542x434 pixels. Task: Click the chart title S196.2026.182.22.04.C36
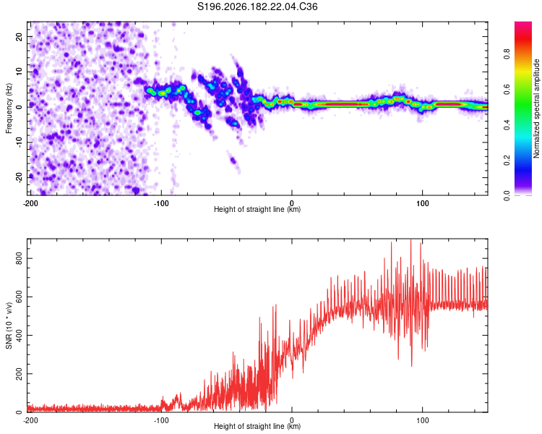pos(257,7)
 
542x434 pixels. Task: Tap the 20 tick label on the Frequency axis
pos(20,36)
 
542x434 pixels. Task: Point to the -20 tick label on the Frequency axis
pos(20,177)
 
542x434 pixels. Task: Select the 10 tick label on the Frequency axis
pos(20,72)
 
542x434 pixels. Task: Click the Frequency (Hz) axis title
pos(9,109)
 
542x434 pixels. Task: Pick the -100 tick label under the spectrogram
pos(161,203)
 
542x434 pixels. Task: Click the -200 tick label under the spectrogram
pos(30,203)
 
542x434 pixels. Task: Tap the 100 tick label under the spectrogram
pos(423,203)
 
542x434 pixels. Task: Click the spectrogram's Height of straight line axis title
pos(257,209)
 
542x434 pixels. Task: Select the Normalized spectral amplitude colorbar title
pos(536,109)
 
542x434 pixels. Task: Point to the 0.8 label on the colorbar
pos(507,54)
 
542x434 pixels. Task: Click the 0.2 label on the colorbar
pos(507,161)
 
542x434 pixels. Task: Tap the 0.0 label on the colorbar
pos(507,196)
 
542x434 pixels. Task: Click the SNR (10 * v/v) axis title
pos(9,325)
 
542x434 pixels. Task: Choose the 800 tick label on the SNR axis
pos(20,258)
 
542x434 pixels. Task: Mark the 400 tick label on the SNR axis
pos(20,336)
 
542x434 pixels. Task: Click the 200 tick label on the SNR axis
pos(20,374)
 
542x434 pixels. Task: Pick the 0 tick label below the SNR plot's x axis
pos(292,420)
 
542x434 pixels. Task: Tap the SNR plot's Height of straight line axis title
pos(257,426)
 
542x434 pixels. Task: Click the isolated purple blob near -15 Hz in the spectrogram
pos(233,161)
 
